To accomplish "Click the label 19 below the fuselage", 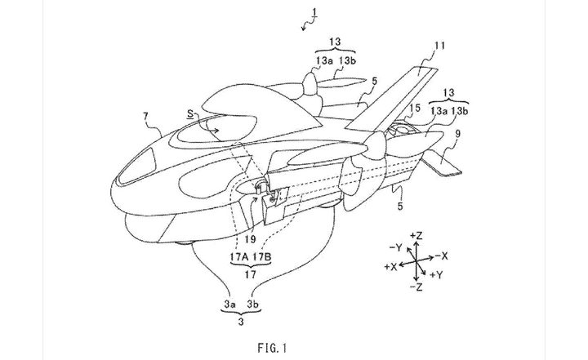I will click(250, 239).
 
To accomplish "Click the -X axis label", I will click(450, 255).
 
